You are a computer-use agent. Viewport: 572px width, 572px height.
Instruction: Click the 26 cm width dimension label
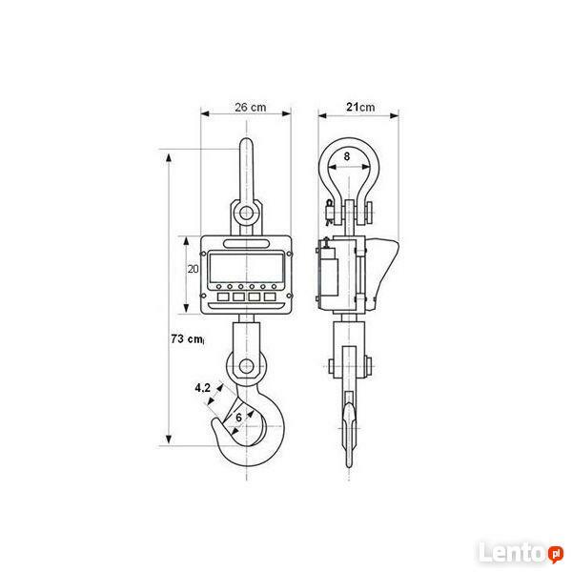point(250,107)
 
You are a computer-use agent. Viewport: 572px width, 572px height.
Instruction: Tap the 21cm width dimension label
point(360,107)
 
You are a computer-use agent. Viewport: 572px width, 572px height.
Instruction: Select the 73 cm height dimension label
point(187,338)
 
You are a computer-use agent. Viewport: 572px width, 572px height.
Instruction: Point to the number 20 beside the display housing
point(193,269)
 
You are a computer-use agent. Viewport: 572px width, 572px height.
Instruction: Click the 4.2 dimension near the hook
point(202,388)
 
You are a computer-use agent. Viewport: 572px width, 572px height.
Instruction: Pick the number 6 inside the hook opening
point(238,418)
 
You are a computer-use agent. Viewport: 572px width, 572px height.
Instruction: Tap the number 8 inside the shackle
point(347,156)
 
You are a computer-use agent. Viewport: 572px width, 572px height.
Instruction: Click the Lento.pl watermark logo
point(521,552)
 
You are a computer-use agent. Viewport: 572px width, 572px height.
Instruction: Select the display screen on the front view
point(246,267)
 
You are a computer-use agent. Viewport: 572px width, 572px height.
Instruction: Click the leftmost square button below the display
point(223,296)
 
